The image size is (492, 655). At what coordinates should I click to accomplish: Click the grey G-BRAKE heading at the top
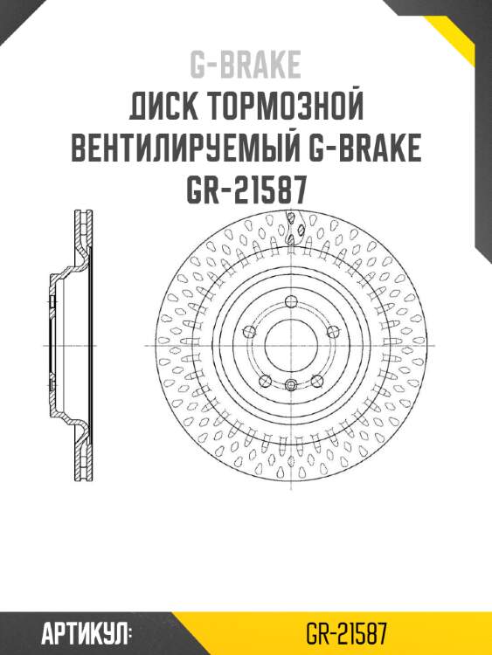click(246, 65)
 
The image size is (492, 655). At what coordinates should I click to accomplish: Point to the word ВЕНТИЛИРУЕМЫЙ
click(185, 149)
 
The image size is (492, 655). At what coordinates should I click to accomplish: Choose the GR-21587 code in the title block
click(246, 190)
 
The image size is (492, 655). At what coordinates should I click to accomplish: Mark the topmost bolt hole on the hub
click(290, 301)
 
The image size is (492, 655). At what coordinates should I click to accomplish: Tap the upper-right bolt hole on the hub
click(332, 331)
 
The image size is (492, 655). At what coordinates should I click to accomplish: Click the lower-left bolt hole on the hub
click(265, 381)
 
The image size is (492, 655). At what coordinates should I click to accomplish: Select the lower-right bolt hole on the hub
click(316, 381)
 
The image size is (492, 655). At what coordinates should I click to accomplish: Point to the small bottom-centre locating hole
click(290, 384)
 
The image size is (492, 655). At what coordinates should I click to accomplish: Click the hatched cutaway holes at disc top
click(298, 229)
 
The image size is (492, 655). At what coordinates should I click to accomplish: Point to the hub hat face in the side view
click(52, 345)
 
